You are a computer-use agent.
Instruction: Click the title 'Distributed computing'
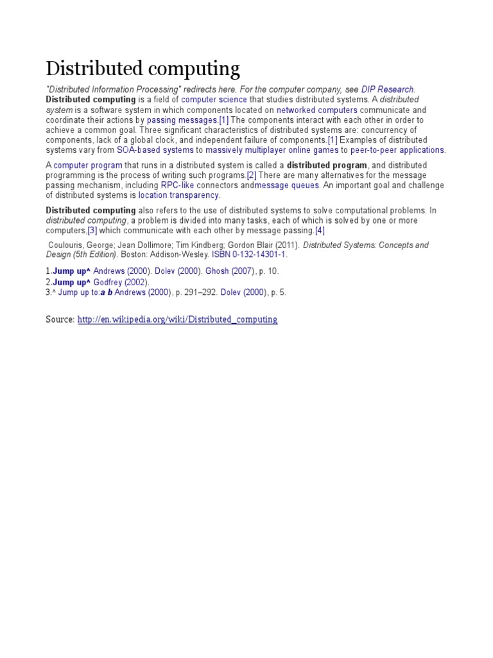point(143,69)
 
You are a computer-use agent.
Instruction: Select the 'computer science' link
point(214,100)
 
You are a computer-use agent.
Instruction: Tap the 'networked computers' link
point(316,111)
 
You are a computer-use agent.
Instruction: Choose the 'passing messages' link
point(182,120)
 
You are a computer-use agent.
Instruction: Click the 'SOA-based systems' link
point(155,150)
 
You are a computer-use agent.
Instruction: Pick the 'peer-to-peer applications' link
point(397,150)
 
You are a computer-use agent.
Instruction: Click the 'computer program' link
point(88,166)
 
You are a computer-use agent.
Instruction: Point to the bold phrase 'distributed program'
point(327,166)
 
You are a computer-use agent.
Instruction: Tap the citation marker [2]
point(252,175)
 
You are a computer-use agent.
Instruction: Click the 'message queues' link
point(286,186)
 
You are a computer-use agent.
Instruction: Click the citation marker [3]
point(92,231)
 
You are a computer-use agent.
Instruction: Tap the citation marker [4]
point(320,231)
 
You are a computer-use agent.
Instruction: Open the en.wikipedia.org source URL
point(177,319)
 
